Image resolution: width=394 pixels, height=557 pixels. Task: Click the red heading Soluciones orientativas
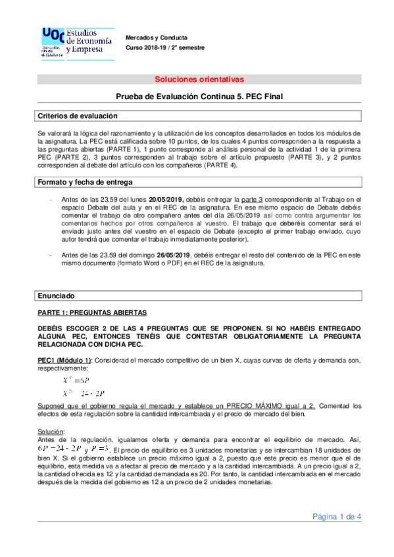(197, 79)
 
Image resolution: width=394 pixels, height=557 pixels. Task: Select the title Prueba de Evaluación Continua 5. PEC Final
(197, 96)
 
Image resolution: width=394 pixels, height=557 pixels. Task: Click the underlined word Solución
(51, 430)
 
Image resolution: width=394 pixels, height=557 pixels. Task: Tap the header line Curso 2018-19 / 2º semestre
(165, 47)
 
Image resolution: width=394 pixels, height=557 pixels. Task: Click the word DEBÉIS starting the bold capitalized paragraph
(53, 327)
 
